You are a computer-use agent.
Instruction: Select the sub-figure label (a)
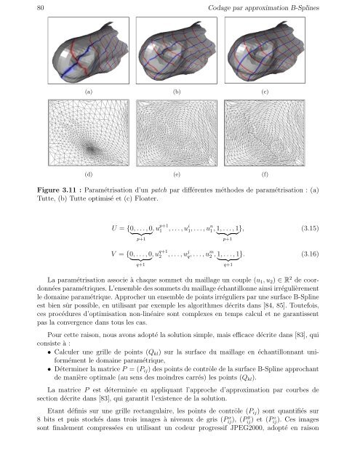pyautogui.click(x=89, y=92)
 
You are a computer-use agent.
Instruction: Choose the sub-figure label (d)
pyautogui.click(x=89, y=175)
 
